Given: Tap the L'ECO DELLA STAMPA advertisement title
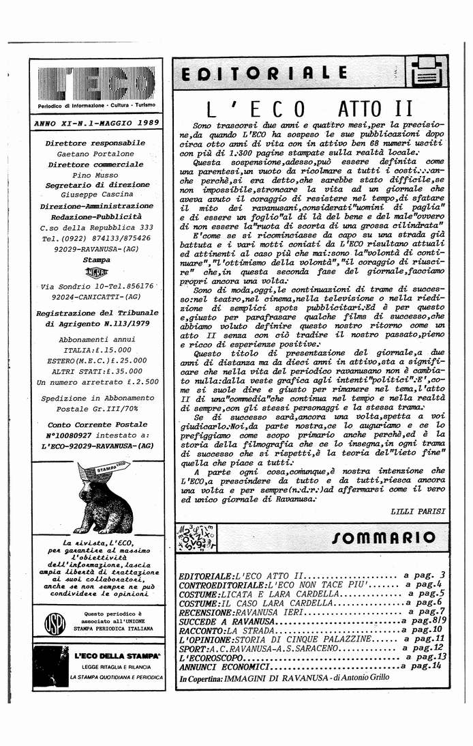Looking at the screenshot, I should point(117,655).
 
